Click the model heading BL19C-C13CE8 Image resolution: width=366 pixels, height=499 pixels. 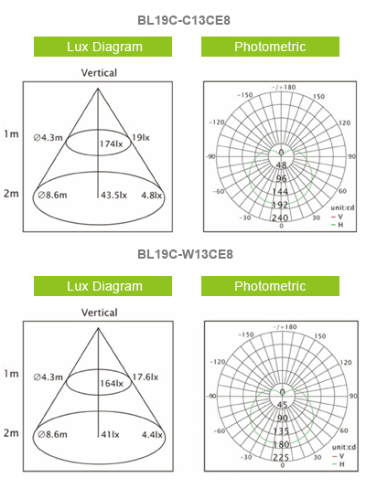tap(184, 20)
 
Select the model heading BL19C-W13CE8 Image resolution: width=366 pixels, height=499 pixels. tap(185, 254)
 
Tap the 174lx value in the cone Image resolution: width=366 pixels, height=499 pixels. tap(111, 143)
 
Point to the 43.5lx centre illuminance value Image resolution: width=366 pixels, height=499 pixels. tap(113, 195)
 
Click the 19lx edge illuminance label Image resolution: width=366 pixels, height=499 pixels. tap(141, 137)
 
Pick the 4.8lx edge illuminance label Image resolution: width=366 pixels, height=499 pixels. tap(152, 196)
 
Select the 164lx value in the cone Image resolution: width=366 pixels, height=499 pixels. tap(112, 384)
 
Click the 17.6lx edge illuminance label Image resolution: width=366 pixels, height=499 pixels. tap(145, 377)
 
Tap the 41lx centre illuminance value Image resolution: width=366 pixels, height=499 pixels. tap(110, 434)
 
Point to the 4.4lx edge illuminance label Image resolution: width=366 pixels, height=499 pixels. tap(152, 435)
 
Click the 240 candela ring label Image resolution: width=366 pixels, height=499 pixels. tap(280, 218)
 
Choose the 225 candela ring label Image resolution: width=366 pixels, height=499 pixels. tap(281, 457)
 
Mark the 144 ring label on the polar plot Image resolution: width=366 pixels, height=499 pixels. tap(280, 191)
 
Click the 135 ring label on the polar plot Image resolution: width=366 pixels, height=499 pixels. tap(281, 430)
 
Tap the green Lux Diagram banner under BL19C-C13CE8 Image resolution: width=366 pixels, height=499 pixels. tap(102, 47)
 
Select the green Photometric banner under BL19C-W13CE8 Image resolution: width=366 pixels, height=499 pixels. tap(270, 286)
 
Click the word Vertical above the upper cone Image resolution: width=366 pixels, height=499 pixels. tap(99, 73)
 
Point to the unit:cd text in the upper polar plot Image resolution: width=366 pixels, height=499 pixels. tap(342, 207)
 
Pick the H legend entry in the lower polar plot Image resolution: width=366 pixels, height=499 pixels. tap(338, 464)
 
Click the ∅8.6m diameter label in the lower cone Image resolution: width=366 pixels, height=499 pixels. tap(52, 434)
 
